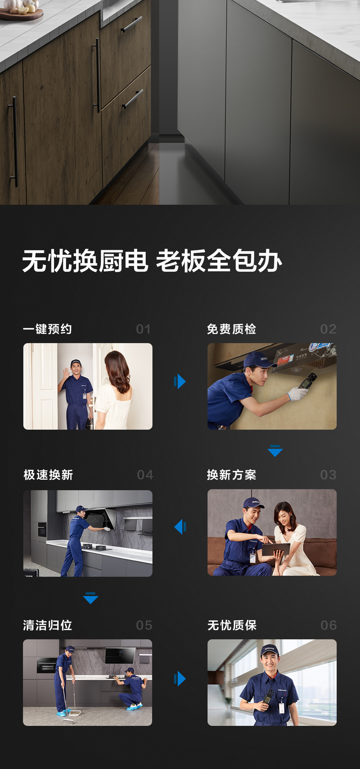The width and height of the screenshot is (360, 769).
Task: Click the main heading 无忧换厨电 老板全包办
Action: pos(152,261)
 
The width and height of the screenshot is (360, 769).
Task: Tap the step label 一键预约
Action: pos(47,329)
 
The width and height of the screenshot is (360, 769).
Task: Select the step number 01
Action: pos(143,329)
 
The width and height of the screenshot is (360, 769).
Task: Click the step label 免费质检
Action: pos(231,329)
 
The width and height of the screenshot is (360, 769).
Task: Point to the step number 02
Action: pos(328,329)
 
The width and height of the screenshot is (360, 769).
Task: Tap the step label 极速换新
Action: pos(48,475)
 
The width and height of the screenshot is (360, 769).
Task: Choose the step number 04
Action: pos(145,475)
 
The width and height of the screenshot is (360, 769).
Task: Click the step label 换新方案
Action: pos(231,475)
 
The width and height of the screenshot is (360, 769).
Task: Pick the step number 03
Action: pos(328,475)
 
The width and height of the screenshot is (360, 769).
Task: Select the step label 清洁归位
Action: pos(47,625)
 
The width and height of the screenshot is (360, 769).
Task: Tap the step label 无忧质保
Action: pos(232,625)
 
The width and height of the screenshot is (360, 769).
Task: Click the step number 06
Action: pos(329,626)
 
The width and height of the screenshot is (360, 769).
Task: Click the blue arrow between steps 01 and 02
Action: pos(180,381)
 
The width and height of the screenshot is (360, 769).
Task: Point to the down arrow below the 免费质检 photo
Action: pos(275,451)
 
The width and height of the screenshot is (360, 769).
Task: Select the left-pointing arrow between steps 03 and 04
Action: pos(180,527)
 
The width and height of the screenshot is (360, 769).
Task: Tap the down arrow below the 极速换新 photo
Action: pos(91,598)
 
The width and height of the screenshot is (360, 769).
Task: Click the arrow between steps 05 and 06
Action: pos(180,678)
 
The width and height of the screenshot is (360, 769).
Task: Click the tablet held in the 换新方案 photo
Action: pos(276,549)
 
